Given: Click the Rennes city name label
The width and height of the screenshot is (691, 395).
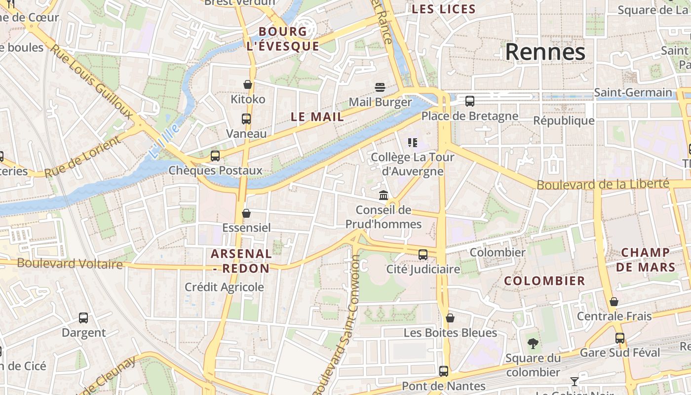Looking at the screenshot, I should tap(545, 52).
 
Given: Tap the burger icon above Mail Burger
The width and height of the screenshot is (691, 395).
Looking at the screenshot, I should tap(380, 87).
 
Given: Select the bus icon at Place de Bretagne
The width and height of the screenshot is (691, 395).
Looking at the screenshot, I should tap(469, 101).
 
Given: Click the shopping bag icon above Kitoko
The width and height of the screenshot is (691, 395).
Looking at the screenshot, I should tap(248, 84).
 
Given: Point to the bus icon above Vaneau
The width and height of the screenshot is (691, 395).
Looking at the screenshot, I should tap(246, 119).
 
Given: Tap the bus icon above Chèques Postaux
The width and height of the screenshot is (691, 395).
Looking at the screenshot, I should tap(215, 156).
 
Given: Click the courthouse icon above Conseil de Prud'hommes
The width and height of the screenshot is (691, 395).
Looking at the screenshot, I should tap(384, 196).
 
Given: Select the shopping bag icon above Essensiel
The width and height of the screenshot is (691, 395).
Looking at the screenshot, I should tap(246, 213).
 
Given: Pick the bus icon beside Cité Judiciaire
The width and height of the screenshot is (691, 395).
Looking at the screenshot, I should tap(423, 255).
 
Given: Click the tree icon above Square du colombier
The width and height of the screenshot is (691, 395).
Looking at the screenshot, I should tap(533, 343).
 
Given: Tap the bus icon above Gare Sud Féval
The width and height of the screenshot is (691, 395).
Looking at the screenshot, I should tap(619, 338).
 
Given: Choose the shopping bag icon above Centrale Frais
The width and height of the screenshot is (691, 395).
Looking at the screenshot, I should tap(614, 302).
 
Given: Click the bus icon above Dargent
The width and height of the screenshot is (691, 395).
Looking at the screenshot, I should tap(83, 318).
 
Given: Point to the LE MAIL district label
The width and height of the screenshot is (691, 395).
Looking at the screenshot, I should tap(317, 117).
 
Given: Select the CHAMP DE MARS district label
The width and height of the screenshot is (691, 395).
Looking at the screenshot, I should tap(645, 260).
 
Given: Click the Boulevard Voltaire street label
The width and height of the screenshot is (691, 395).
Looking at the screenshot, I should tap(70, 264).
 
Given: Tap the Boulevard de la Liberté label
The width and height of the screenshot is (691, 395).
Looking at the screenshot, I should tap(603, 185).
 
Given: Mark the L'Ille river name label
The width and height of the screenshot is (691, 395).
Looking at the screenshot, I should tap(163, 141).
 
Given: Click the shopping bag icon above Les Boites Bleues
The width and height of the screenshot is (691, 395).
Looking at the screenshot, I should tap(450, 318).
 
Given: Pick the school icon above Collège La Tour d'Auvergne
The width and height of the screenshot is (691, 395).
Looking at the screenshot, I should tap(413, 143).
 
